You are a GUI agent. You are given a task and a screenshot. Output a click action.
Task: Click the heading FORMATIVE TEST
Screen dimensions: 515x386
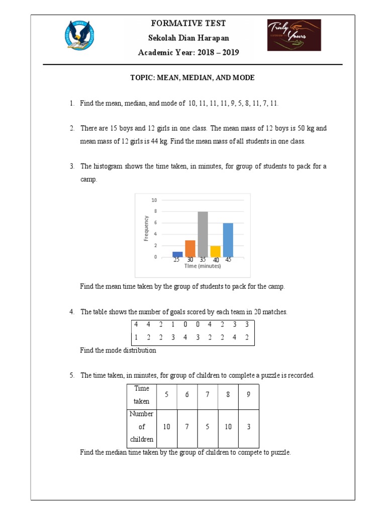pyautogui.click(x=188, y=24)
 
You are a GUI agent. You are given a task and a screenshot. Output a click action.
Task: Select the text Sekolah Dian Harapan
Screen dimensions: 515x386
pyautogui.click(x=188, y=38)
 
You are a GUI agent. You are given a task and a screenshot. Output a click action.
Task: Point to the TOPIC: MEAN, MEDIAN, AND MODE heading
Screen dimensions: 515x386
pyautogui.click(x=192, y=78)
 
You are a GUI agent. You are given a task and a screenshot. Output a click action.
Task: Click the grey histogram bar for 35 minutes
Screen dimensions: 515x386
pyautogui.click(x=203, y=234)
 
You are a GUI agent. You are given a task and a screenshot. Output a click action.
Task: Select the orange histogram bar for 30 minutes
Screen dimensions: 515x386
pyautogui.click(x=190, y=248)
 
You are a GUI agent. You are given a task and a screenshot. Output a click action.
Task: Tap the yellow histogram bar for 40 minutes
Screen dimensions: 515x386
pyautogui.click(x=215, y=251)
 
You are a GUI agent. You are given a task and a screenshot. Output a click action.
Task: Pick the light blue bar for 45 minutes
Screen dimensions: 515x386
pyautogui.click(x=228, y=240)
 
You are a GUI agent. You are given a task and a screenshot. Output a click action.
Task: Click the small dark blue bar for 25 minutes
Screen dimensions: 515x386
pyautogui.click(x=177, y=254)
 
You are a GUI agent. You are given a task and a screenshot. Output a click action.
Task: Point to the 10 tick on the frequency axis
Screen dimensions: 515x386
pyautogui.click(x=154, y=200)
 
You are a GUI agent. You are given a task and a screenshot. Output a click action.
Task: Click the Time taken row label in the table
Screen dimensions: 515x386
pyautogui.click(x=141, y=395)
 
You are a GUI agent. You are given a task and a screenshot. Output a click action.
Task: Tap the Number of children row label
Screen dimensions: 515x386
pyautogui.click(x=141, y=426)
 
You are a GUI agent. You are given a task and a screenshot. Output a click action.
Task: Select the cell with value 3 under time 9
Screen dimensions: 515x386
pyautogui.click(x=248, y=426)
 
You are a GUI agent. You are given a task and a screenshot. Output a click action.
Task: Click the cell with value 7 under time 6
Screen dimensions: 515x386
pyautogui.click(x=186, y=426)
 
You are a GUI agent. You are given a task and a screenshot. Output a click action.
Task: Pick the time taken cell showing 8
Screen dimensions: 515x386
pyautogui.click(x=228, y=395)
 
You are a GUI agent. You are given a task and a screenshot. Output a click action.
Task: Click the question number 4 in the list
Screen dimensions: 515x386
pyautogui.click(x=72, y=312)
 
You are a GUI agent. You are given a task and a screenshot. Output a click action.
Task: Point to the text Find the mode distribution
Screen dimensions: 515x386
pyautogui.click(x=118, y=351)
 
